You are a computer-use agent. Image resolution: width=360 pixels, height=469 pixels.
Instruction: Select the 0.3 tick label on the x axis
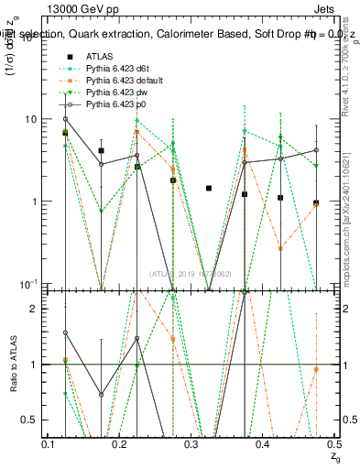pyautogui.click(x=191, y=444)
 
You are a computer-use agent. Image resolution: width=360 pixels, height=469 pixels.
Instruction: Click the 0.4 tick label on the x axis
pyautogui.click(x=262, y=444)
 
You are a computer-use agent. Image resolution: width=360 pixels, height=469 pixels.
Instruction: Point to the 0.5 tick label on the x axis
pyautogui.click(x=333, y=444)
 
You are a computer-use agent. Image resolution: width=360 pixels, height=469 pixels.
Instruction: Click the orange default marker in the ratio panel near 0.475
pyautogui.click(x=316, y=369)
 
